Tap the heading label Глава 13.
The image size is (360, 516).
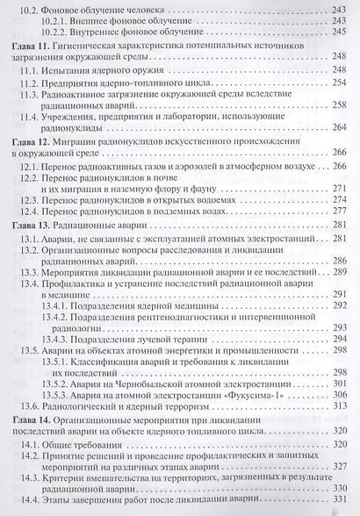pyautogui.click(x=28, y=224)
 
